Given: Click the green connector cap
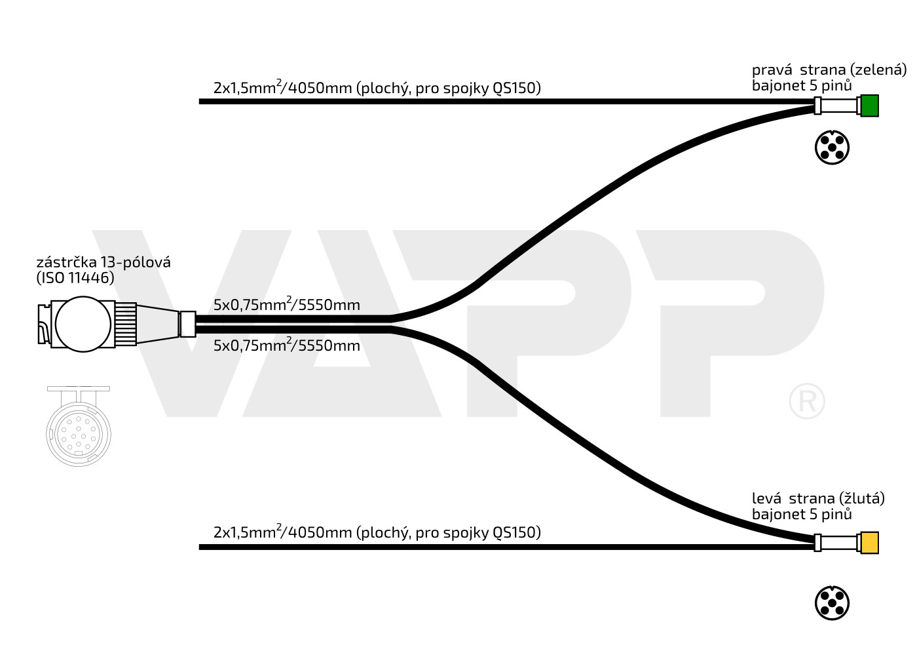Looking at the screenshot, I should click(x=869, y=106).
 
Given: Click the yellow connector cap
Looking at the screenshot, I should click(x=869, y=543).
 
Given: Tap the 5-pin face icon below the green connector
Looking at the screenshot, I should click(x=832, y=147).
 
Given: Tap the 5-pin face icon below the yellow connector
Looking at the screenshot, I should click(x=832, y=603).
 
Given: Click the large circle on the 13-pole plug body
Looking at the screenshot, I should click(x=83, y=324).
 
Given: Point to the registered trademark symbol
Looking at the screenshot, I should click(x=807, y=401).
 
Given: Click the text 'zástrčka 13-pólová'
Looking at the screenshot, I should click(x=103, y=262).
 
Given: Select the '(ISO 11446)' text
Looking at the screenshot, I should click(x=75, y=277).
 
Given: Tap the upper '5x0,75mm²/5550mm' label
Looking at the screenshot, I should click(x=286, y=305).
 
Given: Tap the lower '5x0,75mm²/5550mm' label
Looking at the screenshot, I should click(x=286, y=345).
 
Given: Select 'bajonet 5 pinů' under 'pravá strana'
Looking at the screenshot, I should click(x=802, y=85).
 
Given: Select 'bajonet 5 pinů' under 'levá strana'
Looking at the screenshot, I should click(x=802, y=514).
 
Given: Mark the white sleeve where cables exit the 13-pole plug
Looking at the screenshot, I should click(x=187, y=324).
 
